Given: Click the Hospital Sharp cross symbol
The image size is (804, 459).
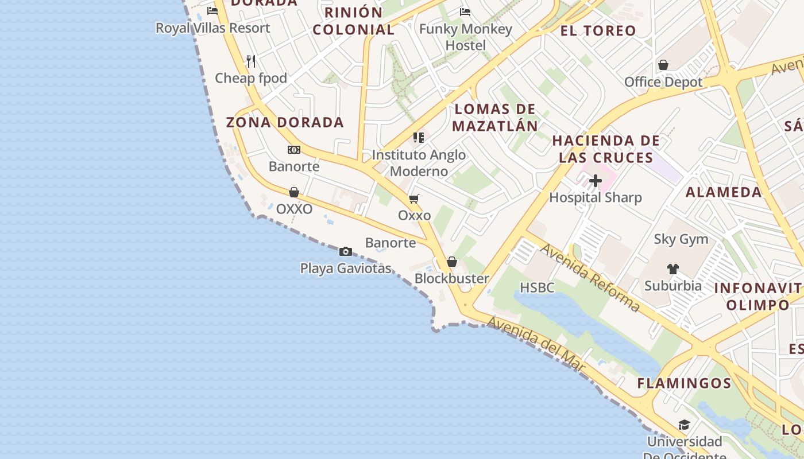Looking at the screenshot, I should [x=596, y=181].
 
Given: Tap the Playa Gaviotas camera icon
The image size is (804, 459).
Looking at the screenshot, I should [x=345, y=251].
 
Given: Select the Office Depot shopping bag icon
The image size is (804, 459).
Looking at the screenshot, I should [x=663, y=65].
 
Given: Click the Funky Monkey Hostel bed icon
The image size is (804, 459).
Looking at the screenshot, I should [x=465, y=11].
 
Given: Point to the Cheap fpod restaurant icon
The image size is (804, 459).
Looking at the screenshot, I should [x=251, y=61].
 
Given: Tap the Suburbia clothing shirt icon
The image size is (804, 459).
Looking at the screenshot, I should [x=673, y=269].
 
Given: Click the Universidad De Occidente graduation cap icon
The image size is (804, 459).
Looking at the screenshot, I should [x=683, y=425].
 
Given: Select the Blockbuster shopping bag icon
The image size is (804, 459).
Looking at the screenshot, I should [x=452, y=262].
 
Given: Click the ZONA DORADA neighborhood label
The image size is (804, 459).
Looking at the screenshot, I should [x=285, y=122].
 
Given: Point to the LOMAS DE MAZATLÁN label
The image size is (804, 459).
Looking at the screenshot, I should [x=495, y=118].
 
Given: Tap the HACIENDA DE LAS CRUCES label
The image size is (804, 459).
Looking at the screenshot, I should [x=606, y=149].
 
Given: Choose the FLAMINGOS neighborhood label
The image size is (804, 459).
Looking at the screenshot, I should [x=684, y=383].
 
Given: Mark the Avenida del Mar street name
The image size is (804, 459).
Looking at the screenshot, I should [x=536, y=346].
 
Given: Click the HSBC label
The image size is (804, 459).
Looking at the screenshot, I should [x=537, y=287].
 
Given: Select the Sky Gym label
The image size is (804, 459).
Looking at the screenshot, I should [x=681, y=239].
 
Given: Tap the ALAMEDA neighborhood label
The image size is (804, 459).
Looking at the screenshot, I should [x=724, y=192].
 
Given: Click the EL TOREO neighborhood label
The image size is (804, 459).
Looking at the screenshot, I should [x=598, y=30].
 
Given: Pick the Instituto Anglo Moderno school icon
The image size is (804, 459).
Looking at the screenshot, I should [x=418, y=138].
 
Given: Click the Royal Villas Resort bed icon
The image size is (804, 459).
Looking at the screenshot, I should [x=212, y=11].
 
